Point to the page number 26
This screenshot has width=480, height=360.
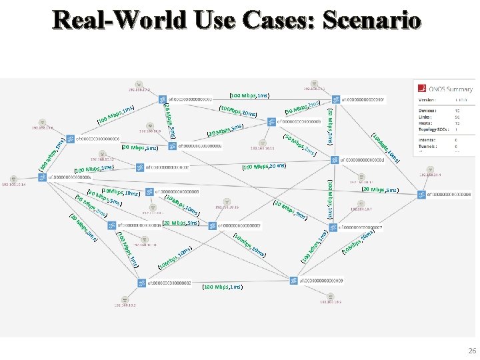pyautogui.click(x=472, y=351)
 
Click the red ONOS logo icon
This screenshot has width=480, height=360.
pyautogui.click(x=421, y=87)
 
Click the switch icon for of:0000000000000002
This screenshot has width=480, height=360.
pyautogui.click(x=141, y=283)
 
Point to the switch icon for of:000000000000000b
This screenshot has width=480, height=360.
pyautogui.click(x=271, y=122)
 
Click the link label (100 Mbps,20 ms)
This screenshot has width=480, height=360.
pyautogui.click(x=264, y=166)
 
